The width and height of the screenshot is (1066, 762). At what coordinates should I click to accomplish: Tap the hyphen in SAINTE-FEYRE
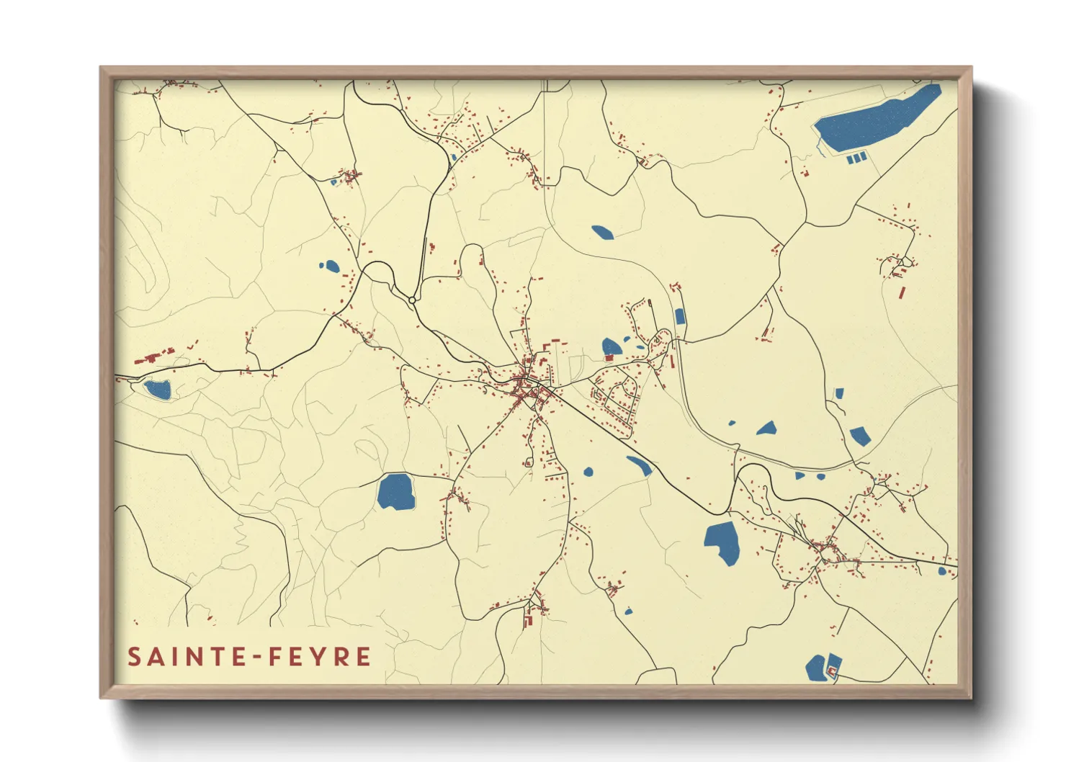256,657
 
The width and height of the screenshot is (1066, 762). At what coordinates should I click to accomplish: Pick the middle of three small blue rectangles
856,158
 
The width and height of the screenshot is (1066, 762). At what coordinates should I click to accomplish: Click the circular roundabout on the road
412,300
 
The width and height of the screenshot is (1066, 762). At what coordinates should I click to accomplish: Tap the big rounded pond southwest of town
395,492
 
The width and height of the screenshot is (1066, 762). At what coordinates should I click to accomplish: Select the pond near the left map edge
158,390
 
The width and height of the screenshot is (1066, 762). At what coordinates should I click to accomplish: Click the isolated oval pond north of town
602,232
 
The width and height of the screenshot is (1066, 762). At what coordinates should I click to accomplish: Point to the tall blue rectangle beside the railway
680,317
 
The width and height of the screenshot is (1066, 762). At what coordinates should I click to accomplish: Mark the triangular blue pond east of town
767,429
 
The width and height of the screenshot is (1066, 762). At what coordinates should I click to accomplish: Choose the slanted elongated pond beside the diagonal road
640,465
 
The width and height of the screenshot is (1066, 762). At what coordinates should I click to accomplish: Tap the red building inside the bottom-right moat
832,671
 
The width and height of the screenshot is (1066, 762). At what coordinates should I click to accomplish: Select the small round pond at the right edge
942,571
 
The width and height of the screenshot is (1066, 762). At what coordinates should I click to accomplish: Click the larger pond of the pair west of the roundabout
331,266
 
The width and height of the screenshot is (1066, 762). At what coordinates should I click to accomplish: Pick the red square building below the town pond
609,357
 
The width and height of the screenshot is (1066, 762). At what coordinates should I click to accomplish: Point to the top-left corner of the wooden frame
102,69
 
